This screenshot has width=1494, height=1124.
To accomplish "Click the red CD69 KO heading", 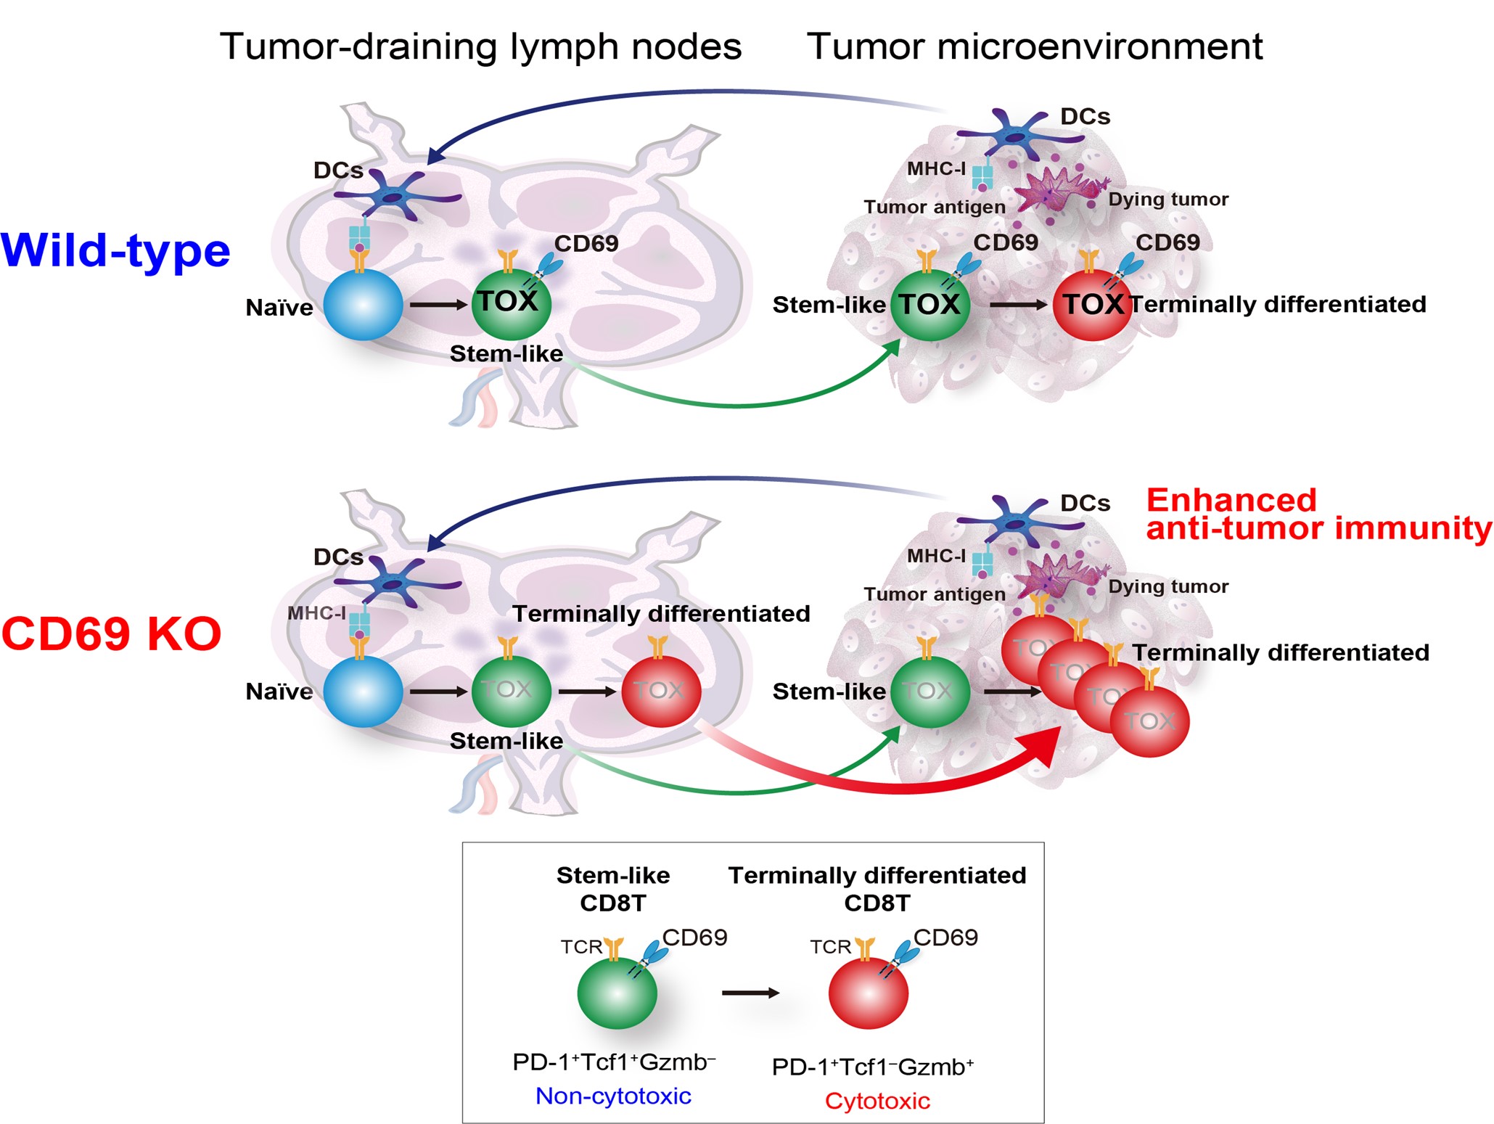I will click(x=111, y=633).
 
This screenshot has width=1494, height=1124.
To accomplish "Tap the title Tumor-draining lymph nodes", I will click(x=480, y=46).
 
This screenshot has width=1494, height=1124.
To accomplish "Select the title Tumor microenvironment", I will click(x=1034, y=46).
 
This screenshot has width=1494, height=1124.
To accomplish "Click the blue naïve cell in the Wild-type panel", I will click(x=363, y=305).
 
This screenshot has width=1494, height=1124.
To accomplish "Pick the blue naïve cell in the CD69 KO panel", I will click(x=363, y=692).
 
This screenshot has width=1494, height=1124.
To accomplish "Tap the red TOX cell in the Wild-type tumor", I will click(x=1091, y=305).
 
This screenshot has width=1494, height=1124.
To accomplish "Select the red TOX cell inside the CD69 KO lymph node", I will click(x=661, y=692).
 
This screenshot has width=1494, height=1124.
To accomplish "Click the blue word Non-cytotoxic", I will click(x=613, y=1096).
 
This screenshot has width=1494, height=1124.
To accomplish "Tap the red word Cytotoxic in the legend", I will click(x=877, y=1101).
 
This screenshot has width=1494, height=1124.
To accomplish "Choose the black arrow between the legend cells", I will click(x=750, y=993).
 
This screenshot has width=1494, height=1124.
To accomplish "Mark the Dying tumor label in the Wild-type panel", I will click(x=1168, y=200).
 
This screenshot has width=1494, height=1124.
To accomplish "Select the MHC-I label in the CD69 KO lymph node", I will click(x=316, y=613).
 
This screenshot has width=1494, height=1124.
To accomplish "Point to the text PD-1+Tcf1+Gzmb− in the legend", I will click(x=613, y=1062).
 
